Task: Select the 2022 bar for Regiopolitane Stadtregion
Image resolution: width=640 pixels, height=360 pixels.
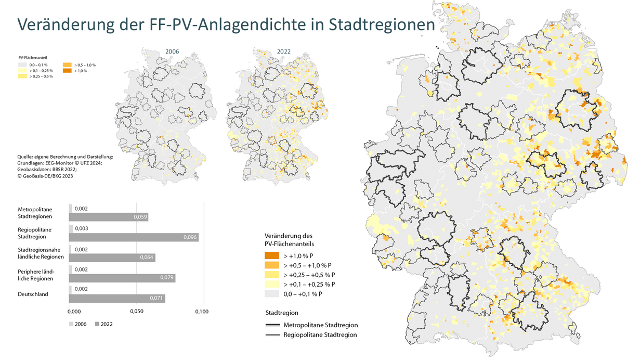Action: coord(134,237)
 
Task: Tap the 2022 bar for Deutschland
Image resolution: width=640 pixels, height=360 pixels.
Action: coord(117,298)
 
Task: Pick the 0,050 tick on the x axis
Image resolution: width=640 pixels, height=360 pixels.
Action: coord(136,312)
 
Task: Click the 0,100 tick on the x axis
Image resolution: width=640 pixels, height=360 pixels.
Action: coord(202,312)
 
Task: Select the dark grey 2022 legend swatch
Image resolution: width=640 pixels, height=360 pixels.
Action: coord(97,324)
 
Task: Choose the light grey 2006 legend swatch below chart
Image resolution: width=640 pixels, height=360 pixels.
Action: coord(71,324)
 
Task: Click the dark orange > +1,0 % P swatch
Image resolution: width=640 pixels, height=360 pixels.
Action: coord(272,256)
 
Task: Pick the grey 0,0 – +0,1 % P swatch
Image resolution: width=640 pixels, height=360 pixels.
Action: coord(272,294)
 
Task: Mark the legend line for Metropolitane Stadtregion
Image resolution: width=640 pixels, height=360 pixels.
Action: coord(272,325)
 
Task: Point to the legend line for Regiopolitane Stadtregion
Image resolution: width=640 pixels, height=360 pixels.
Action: coord(272,335)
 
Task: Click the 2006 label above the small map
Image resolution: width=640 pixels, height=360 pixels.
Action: coord(172,52)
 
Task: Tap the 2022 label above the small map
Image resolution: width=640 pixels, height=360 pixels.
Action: coord(283,52)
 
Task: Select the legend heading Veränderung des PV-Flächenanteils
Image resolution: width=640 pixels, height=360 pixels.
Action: coord(290,239)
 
